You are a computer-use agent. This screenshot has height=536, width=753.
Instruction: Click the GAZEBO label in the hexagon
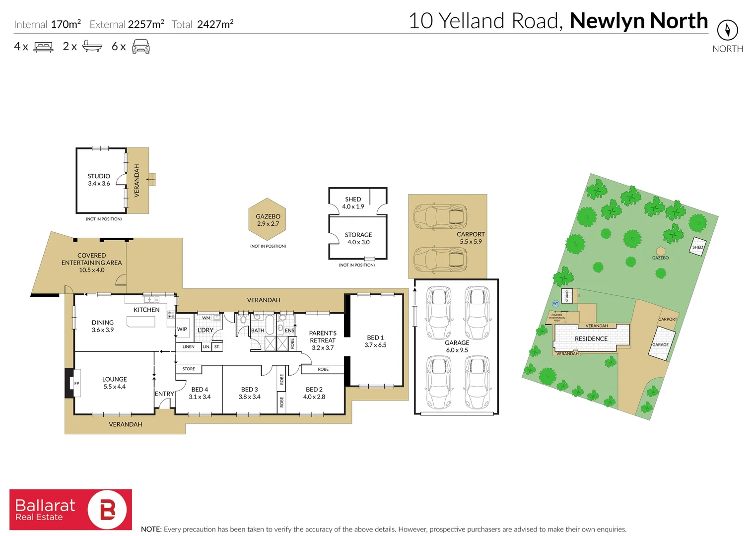click(x=268, y=220)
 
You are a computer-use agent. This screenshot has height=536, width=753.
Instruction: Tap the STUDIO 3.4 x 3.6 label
click(x=99, y=180)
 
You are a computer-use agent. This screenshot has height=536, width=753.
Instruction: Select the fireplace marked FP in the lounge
click(x=76, y=383)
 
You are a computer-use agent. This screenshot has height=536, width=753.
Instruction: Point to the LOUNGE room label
click(x=114, y=383)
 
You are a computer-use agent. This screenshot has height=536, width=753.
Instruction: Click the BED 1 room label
click(x=375, y=341)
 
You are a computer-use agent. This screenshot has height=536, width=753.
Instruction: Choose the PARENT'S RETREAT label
click(x=323, y=340)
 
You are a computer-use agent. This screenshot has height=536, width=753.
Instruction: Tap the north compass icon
click(x=727, y=30)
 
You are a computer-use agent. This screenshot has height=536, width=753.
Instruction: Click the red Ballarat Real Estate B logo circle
click(x=107, y=510)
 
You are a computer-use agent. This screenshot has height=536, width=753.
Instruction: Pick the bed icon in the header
click(x=43, y=47)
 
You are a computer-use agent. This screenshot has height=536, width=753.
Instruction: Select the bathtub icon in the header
click(x=92, y=47)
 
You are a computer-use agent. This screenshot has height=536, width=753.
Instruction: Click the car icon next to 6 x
click(x=141, y=47)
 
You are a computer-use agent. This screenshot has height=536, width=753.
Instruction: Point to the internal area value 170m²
click(x=66, y=24)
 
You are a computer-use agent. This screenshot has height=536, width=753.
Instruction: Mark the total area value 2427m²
click(x=215, y=24)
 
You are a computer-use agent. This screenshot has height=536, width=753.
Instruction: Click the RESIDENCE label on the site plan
click(x=591, y=338)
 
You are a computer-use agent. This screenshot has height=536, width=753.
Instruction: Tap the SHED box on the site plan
click(x=697, y=247)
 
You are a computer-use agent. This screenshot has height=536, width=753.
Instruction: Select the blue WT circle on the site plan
click(x=555, y=303)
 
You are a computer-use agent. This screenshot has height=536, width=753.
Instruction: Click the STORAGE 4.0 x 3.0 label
click(x=358, y=238)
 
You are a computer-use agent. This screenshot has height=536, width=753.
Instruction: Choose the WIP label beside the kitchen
click(x=182, y=329)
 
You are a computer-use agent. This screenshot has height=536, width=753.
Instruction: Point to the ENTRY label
click(x=164, y=394)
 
